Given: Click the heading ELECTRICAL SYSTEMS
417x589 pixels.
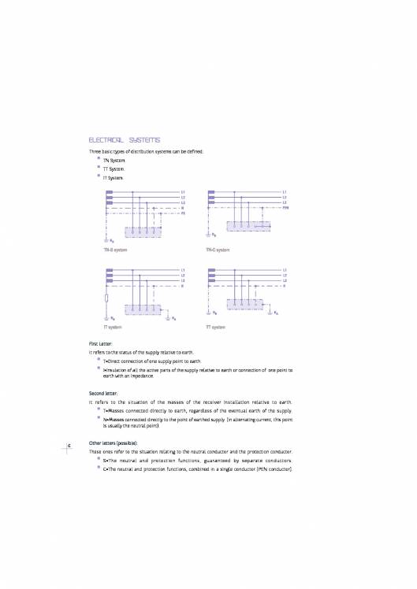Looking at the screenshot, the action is tap(125, 139).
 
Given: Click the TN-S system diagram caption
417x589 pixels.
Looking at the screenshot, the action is tap(116, 250).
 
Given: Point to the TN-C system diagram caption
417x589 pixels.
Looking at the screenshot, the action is tap(218, 250).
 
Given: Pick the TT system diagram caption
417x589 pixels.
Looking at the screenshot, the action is tap(214, 326).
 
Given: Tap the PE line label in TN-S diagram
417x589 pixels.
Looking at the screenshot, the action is tap(184, 213).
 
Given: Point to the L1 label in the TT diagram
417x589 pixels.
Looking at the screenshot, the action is tap(285, 269).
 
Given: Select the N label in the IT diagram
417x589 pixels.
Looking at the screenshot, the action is tap(183, 286).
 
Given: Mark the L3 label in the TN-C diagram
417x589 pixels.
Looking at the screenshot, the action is tap(285, 202).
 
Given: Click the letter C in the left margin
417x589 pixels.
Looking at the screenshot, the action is tap(70, 446).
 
